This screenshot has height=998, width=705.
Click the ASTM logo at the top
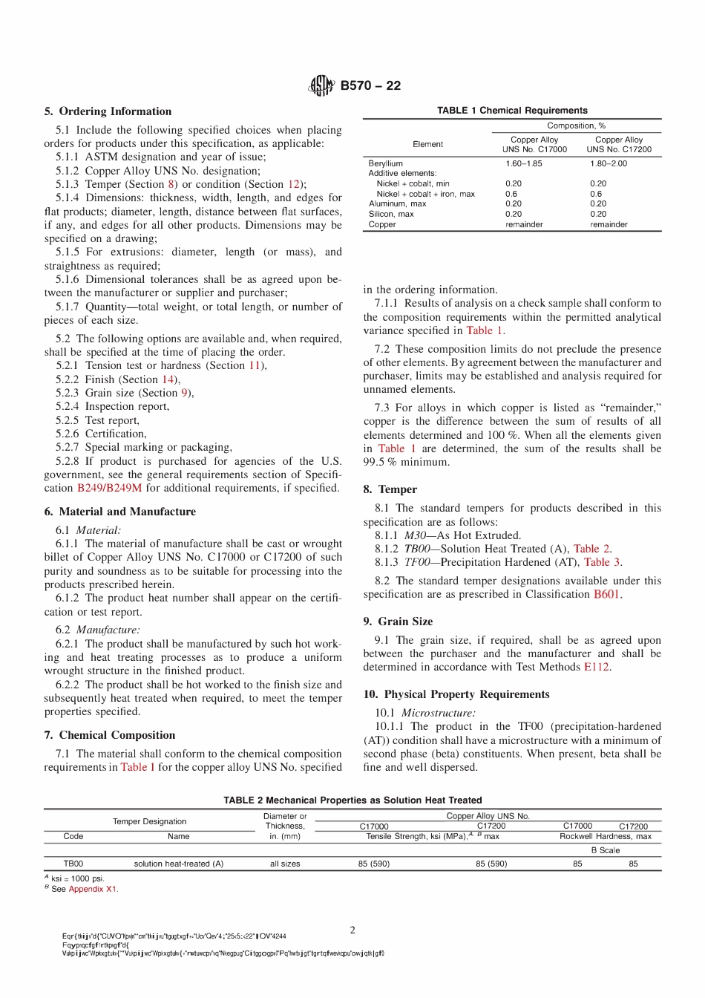(x=321, y=86)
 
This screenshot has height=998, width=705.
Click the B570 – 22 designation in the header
(x=370, y=85)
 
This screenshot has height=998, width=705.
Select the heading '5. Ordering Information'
(x=108, y=111)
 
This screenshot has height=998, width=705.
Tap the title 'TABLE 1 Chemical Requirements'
(x=512, y=111)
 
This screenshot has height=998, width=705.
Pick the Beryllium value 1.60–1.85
(x=524, y=163)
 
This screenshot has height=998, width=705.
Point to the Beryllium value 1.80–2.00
(x=609, y=163)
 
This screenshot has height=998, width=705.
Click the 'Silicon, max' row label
(x=391, y=214)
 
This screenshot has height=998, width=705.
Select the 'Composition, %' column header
(x=577, y=126)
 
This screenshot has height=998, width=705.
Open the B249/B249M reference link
(x=109, y=489)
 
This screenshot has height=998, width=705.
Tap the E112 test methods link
(x=596, y=668)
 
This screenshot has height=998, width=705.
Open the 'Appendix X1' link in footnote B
(x=92, y=889)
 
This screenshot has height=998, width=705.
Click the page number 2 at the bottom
(x=352, y=930)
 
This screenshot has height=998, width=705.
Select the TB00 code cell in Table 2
(x=73, y=864)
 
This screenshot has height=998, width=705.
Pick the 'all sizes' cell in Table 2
(x=285, y=864)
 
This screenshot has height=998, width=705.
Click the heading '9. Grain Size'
(x=398, y=622)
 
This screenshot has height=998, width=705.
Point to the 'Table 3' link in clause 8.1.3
(x=602, y=563)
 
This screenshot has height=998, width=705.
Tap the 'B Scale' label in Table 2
(x=606, y=850)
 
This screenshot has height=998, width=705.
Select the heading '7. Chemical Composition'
(x=110, y=735)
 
